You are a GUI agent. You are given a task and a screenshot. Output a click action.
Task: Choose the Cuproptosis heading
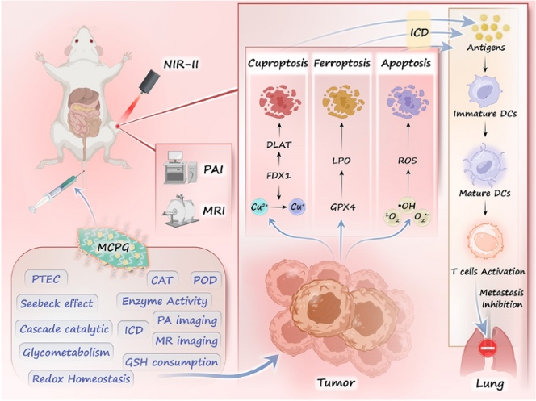click(275, 61)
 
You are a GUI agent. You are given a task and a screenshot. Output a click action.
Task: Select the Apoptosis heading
click(408, 61)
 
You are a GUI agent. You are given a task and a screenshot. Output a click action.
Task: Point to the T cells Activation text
click(492, 270)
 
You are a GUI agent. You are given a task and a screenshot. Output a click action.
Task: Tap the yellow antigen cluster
click(490, 30)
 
